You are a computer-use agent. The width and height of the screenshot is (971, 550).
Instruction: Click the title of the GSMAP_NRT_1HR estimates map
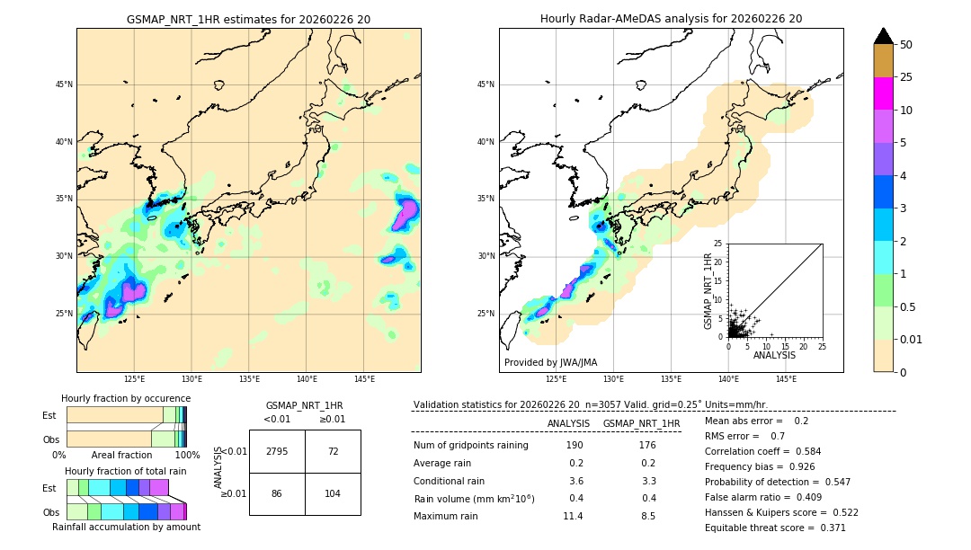point(248,19)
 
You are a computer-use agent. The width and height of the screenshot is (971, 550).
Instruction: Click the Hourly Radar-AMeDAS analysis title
point(671,19)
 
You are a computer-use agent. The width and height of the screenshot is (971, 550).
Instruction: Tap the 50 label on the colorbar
point(906,45)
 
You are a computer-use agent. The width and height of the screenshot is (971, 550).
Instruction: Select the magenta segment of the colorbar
point(883,93)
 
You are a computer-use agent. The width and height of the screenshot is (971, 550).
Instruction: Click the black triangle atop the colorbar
point(883,36)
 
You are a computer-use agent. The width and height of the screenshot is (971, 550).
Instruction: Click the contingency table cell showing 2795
point(277,451)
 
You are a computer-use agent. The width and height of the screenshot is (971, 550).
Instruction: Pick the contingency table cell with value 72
point(333,451)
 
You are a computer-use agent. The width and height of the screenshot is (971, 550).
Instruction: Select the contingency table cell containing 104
point(333,494)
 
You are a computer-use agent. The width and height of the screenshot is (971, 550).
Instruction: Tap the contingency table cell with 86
point(277,494)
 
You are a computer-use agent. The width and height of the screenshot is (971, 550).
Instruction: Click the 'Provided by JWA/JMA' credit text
point(550,363)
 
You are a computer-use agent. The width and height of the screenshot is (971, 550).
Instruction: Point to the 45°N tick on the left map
point(64,84)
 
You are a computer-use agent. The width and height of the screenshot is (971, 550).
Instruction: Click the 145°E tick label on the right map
point(786,379)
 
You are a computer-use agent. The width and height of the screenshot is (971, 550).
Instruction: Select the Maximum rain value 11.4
point(573,516)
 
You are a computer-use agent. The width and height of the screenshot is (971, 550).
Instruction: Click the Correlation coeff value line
point(762,452)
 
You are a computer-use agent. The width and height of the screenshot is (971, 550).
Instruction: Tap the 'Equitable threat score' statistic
point(775,528)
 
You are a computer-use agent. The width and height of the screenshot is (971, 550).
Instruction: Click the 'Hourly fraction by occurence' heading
point(126,398)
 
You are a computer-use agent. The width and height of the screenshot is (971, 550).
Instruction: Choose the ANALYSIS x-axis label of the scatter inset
point(774,356)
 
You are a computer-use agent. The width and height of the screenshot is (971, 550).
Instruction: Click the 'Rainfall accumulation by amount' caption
point(126,527)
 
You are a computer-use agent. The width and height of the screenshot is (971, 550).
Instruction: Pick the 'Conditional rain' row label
point(450,481)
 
